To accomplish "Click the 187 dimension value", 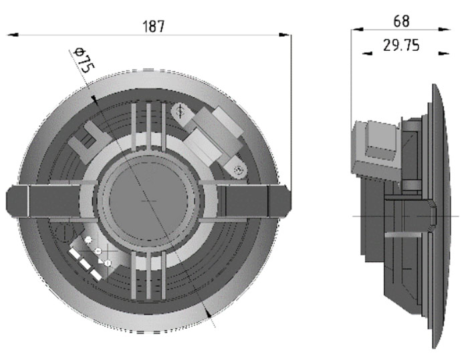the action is pyautogui.click(x=154, y=26).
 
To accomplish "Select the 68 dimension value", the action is pyautogui.click(x=401, y=21).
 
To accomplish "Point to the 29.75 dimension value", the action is pyautogui.click(x=401, y=45).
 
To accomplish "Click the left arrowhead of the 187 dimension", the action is pyautogui.click(x=13, y=35).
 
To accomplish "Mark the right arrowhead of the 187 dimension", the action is pyautogui.click(x=284, y=35).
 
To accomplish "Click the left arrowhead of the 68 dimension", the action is pyautogui.click(x=357, y=29).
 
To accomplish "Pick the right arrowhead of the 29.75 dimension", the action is pyautogui.click(x=443, y=53).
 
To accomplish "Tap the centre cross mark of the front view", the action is pyautogui.click(x=148, y=201).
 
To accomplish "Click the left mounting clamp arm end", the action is pyautogui.click(x=17, y=200).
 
